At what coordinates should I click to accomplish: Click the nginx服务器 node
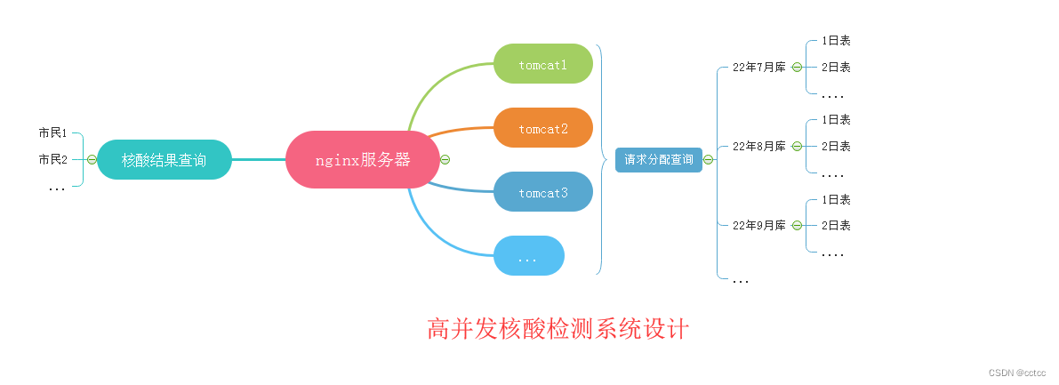click(x=363, y=160)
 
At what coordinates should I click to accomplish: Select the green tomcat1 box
click(x=542, y=64)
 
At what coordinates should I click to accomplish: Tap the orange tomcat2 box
click(x=542, y=128)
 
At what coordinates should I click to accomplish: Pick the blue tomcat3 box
click(x=542, y=192)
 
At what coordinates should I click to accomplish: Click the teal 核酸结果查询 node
click(x=164, y=160)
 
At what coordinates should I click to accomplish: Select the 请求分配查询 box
click(x=658, y=160)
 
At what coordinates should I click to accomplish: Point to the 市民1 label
click(x=53, y=132)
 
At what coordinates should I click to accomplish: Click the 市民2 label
click(x=53, y=159)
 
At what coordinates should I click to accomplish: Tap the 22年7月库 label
click(x=758, y=67)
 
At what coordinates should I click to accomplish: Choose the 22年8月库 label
click(x=758, y=146)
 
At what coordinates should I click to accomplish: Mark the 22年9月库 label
click(x=758, y=225)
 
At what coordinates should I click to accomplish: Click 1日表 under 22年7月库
click(x=836, y=40)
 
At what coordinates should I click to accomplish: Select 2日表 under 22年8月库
click(x=836, y=146)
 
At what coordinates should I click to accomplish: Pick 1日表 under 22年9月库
click(x=836, y=199)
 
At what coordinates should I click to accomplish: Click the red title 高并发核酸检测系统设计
click(x=558, y=329)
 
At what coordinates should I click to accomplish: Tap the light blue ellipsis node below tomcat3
click(x=528, y=256)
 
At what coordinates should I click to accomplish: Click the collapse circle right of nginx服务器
click(x=445, y=160)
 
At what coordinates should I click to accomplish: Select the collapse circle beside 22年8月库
click(x=797, y=146)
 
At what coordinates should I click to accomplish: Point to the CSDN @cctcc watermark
click(x=1017, y=372)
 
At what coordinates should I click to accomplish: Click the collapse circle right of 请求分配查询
click(x=709, y=160)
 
